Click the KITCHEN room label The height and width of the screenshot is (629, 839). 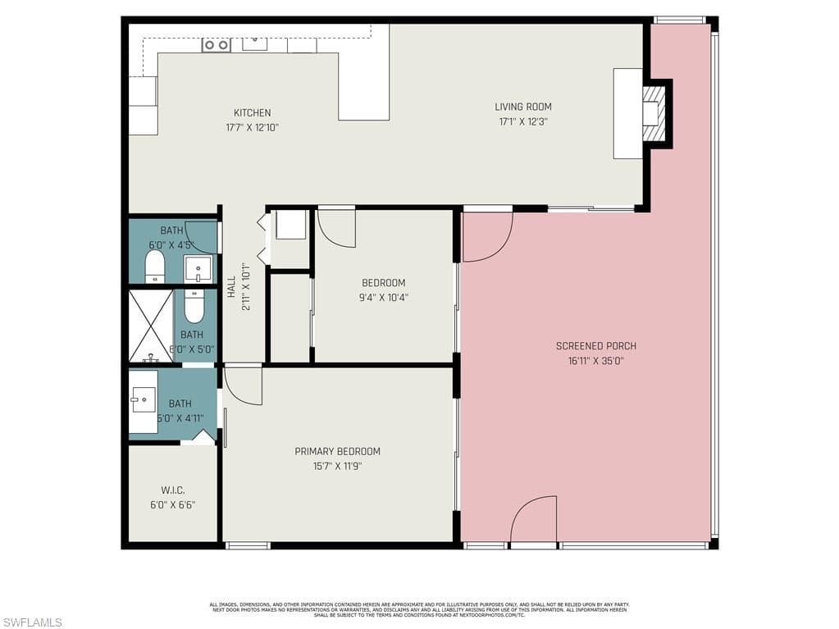click(x=252, y=113)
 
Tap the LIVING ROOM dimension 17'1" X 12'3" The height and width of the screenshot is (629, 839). click(x=522, y=121)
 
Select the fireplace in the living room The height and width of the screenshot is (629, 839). click(x=653, y=113)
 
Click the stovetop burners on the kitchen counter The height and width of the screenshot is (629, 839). click(x=217, y=45)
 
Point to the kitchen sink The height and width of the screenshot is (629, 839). click(x=254, y=43)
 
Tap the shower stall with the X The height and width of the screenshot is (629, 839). click(x=151, y=326)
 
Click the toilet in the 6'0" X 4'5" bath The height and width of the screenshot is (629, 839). click(x=155, y=266)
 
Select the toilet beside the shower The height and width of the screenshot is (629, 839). click(x=194, y=307)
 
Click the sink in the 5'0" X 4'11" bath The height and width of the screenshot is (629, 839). click(x=143, y=401)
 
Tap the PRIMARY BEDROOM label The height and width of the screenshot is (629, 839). click(x=337, y=451)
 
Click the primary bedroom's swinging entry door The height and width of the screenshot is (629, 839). click(x=243, y=385)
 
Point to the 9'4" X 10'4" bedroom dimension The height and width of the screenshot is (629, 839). click(x=384, y=298)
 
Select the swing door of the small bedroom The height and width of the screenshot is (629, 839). click(x=336, y=227)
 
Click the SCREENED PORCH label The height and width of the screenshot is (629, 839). click(x=595, y=346)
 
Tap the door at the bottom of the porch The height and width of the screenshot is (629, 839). click(x=533, y=520)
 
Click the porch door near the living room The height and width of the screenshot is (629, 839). click(x=487, y=237)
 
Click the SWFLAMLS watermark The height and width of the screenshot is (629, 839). click(x=31, y=622)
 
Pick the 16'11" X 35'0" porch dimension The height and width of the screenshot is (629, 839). click(x=595, y=360)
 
